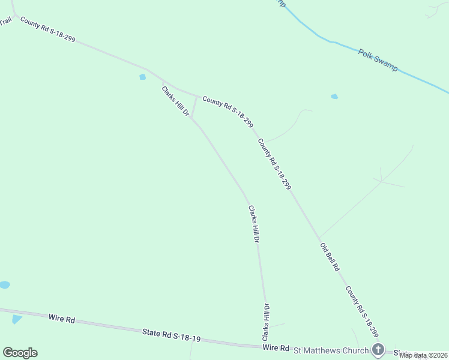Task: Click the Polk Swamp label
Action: (378, 61)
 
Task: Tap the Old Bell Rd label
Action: (330, 257)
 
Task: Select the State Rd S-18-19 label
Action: (171, 335)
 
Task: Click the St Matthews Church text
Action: (330, 349)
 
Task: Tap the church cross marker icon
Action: (378, 349)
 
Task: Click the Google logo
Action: (20, 353)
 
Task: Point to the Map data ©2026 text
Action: (423, 355)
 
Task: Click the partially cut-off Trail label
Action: (5, 20)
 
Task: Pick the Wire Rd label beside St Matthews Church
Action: (276, 348)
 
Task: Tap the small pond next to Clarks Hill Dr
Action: (143, 77)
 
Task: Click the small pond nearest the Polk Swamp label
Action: (334, 96)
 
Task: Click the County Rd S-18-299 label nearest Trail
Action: (47, 29)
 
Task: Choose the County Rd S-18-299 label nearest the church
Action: (363, 311)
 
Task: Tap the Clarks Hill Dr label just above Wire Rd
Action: (265, 323)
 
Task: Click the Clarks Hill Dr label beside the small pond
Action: (175, 101)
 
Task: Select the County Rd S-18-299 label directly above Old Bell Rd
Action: (274, 164)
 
